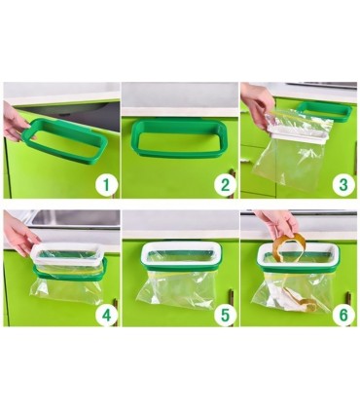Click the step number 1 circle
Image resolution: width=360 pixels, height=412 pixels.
tap(106, 185)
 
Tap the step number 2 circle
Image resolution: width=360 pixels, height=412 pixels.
tap(225, 185)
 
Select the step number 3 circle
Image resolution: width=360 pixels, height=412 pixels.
tap(343, 185)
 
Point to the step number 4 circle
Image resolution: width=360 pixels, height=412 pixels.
tap(106, 315)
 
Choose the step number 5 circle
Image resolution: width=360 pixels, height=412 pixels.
tap(225, 315)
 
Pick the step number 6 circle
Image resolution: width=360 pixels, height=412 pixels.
tap(343, 315)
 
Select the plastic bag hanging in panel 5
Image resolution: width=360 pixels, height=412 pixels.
tap(176, 289)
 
